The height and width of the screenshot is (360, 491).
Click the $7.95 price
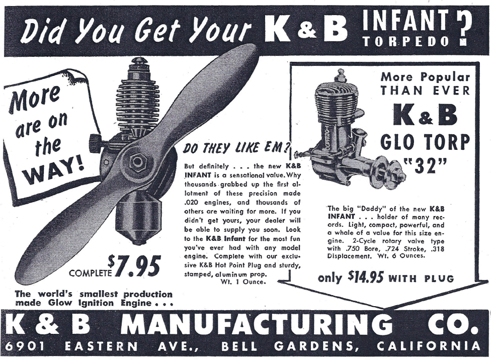[x=134, y=266]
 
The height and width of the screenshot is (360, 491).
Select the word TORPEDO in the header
[x=406, y=42]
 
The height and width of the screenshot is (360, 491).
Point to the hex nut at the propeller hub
[x=137, y=161]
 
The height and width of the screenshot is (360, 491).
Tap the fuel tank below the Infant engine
[x=139, y=222]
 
